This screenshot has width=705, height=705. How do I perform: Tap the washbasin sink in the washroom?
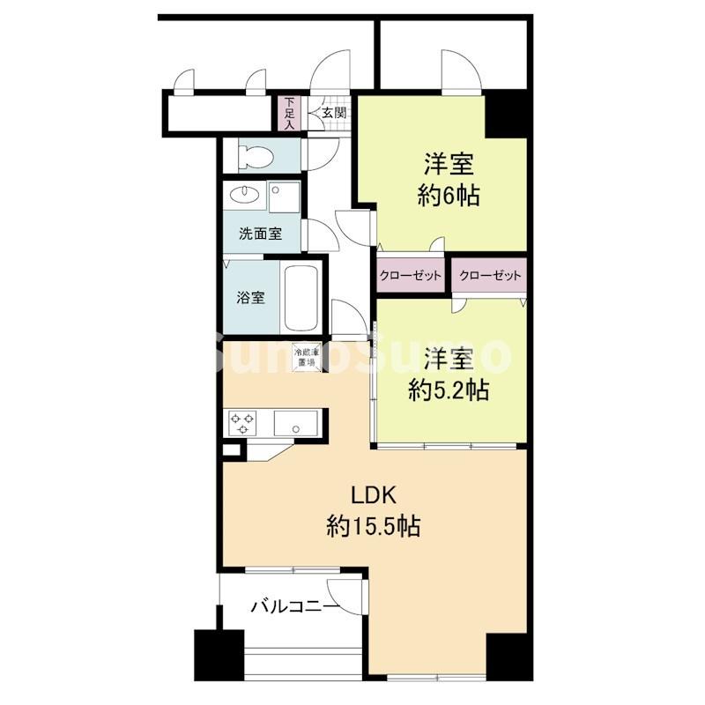[x=241, y=194]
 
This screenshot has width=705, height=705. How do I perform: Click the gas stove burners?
[x=241, y=423]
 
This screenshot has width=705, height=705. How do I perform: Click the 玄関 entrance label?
[x=333, y=113]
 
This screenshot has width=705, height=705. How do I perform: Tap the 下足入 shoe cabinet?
[x=288, y=113]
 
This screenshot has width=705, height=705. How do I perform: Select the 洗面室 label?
[x=260, y=234]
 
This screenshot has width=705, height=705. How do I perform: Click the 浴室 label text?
[x=250, y=297]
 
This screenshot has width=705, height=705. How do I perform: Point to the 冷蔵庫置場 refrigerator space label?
[x=305, y=355]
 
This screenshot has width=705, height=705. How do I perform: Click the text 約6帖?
[x=449, y=197]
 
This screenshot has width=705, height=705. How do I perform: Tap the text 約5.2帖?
[x=449, y=390]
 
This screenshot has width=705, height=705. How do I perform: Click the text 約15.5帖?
[x=373, y=527]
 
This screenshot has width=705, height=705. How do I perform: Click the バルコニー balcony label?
[x=293, y=606]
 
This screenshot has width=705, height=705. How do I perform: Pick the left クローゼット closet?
[x=410, y=276]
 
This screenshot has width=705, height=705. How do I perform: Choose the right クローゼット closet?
[x=490, y=276]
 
